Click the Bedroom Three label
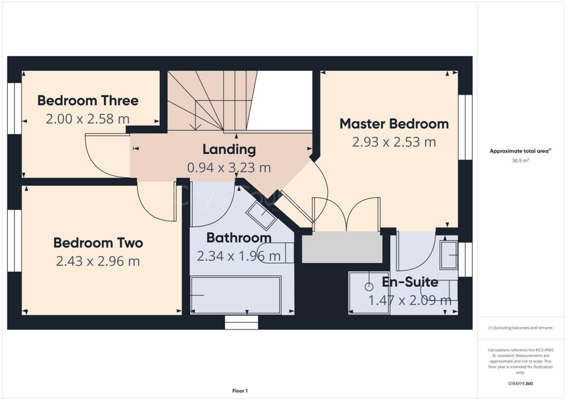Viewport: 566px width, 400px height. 88,101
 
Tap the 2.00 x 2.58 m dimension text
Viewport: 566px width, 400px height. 88,118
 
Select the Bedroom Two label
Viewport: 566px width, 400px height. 98,243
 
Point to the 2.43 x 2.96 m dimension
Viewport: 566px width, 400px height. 98,261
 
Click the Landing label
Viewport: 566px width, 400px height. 229,149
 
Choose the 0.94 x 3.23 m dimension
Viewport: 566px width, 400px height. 229,167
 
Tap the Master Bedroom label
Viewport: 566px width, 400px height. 394,123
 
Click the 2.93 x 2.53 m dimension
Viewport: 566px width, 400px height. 394,142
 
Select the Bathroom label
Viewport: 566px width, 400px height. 239,238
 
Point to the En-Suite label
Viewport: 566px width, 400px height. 410,282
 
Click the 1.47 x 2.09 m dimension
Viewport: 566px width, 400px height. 410,301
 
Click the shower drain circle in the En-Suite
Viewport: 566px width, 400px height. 369,287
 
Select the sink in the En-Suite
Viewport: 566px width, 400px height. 449,255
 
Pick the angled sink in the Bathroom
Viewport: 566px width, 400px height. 261,214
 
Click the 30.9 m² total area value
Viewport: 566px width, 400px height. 520,160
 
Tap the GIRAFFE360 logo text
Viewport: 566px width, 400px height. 520,383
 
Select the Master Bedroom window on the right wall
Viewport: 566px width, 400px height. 465,127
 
